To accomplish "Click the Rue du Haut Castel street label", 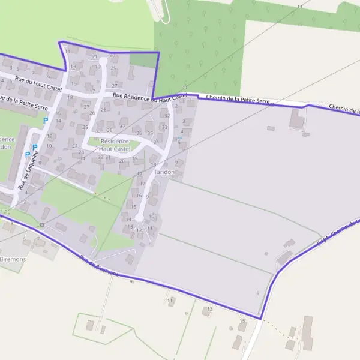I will click(38, 82).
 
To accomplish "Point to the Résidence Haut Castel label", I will click(115, 145).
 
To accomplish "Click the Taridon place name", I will click(164, 172).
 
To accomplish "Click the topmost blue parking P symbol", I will click(45, 121).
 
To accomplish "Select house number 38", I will click(110, 130).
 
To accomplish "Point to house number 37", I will click(122, 127).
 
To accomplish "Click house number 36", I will click(139, 133).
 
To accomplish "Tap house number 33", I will click(164, 127).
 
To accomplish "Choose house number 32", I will click(167, 115).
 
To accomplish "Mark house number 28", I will click(104, 110).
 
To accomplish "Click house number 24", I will click(74, 145).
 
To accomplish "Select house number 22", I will click(100, 157).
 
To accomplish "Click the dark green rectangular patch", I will click(142, 59).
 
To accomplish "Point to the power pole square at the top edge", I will click(299, 7).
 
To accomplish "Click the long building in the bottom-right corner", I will click(307, 333).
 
